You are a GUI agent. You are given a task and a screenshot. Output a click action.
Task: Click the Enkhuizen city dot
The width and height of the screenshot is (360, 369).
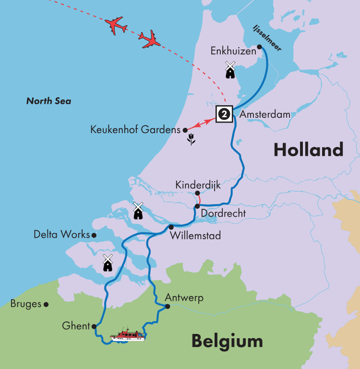pyautogui.click(x=259, y=47)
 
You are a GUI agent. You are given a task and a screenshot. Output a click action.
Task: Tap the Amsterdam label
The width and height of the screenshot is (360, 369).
pyautogui.click(x=265, y=114)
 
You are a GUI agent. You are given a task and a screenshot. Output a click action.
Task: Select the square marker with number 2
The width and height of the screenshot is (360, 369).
pyautogui.click(x=224, y=114)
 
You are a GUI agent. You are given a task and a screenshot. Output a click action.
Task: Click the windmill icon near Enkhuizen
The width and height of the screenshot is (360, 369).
pyautogui.click(x=230, y=70)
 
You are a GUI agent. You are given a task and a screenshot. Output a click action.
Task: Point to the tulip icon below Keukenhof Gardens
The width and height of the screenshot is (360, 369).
pyautogui.click(x=191, y=140)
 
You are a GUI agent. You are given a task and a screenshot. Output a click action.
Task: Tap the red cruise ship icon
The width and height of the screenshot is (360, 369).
pyautogui.click(x=128, y=335)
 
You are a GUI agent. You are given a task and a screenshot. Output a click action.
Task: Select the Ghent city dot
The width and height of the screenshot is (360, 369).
pyautogui.click(x=94, y=326)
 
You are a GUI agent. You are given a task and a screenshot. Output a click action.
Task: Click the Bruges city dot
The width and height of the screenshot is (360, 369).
pyautogui.click(x=46, y=304)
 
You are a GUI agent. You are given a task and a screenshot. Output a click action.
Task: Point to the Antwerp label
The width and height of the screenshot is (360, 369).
pyautogui.click(x=184, y=298)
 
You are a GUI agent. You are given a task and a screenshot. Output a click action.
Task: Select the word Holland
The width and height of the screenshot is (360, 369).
pyautogui.click(x=308, y=150)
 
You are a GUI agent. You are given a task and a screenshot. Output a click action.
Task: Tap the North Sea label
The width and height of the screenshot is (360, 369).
pyautogui.click(x=48, y=101)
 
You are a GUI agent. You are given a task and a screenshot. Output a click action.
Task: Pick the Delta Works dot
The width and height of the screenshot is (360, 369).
pyautogui.click(x=94, y=235)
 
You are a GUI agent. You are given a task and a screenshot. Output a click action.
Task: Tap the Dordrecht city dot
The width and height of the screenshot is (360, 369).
pyautogui.click(x=197, y=206)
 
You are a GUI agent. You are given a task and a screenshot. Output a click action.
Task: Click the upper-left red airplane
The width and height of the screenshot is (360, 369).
pyautogui.click(x=116, y=25)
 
